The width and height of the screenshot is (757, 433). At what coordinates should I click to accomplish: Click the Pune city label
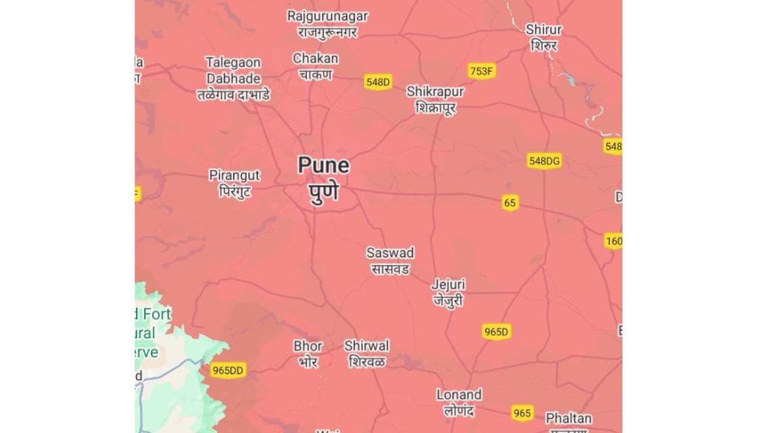(x=323, y=178)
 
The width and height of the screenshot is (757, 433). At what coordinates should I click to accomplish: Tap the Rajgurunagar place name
(x=327, y=24)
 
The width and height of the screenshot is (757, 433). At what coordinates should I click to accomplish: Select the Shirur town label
(x=543, y=37)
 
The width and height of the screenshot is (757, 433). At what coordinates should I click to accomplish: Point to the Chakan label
(x=316, y=66)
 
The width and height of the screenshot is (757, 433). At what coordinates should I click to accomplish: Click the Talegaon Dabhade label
(x=233, y=78)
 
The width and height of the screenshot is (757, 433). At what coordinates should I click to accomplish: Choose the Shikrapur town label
(x=435, y=99)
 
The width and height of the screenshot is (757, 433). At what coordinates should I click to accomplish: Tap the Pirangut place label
(x=234, y=183)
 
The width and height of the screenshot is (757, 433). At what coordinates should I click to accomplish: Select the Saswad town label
(x=390, y=261)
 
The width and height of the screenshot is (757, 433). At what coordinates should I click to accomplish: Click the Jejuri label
(x=449, y=292)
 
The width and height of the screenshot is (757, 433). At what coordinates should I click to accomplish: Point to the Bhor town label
(x=308, y=354)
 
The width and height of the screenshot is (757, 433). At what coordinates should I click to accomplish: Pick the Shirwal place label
(x=367, y=354)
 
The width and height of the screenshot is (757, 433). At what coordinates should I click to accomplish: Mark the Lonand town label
(x=458, y=402)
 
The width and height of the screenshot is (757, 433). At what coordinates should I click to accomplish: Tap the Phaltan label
(x=568, y=419)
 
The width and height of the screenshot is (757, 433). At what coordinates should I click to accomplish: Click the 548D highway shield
(x=377, y=82)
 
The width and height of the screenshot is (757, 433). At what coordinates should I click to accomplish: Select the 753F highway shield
(x=481, y=71)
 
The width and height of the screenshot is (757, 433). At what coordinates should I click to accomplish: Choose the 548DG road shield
(x=544, y=161)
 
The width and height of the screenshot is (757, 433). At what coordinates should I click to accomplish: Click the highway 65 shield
(x=509, y=203)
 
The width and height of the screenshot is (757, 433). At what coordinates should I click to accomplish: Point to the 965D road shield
(x=497, y=332)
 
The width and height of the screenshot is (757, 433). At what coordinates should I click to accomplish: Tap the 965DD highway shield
(x=227, y=370)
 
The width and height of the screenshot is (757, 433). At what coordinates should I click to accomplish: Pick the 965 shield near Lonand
(x=522, y=413)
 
